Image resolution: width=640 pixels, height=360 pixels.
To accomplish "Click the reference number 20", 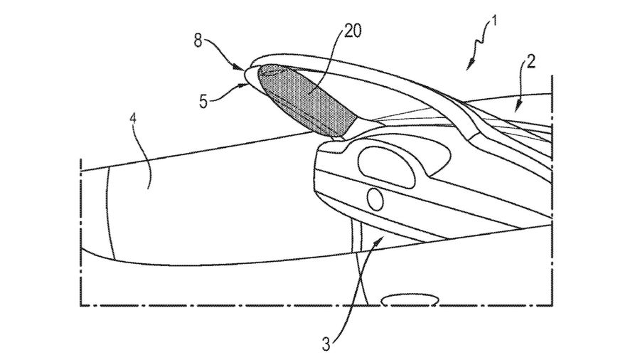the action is pos(353,31).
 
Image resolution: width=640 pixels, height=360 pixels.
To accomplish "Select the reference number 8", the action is pos(198,41).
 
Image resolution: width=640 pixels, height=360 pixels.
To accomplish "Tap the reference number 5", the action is pos(203,101).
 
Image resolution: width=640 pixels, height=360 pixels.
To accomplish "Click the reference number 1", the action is pos(494,21).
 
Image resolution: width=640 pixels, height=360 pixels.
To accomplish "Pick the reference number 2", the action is pos(530,62).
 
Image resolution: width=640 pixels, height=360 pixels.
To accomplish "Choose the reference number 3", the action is pos(326,344).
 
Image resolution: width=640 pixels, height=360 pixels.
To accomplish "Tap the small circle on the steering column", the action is pos(375,198).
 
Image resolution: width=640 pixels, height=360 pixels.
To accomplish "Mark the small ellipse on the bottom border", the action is pos(410,300).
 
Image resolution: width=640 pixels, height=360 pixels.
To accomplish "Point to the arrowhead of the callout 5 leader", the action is pos(244,85).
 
